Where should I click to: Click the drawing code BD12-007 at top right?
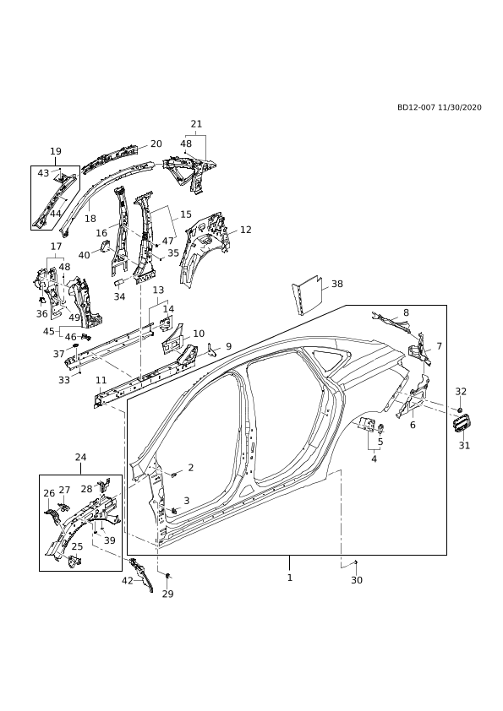coord(416,107)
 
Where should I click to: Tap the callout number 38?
coord(337,284)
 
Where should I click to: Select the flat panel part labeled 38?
coord(308,296)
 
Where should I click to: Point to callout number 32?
coord(461,391)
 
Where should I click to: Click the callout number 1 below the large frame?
coord(290,578)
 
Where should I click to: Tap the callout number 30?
coord(357,580)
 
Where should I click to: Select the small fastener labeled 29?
coord(167,576)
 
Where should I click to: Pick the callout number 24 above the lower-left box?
coord(80,457)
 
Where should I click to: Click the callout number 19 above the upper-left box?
coord(56,151)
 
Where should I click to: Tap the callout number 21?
coord(196,124)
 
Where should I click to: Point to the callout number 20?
coord(156,144)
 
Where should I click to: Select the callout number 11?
coord(101,380)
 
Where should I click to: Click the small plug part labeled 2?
coord(173,475)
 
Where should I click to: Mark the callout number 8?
coord(406,312)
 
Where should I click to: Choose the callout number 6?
coord(413,425)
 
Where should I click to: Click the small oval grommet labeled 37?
coord(75,347)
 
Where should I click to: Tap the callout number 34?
coord(119,296)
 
